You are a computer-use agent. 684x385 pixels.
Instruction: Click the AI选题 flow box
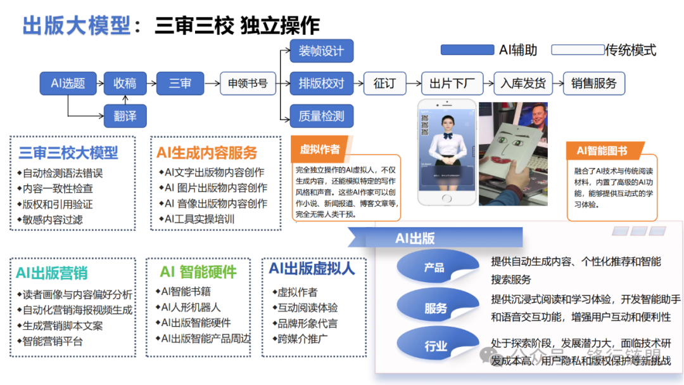coord(68,83)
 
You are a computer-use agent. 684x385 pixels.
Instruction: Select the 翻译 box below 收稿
coord(125,116)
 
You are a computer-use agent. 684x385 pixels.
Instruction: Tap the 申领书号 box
coord(248,83)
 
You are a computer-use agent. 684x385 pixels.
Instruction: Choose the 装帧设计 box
coord(321,51)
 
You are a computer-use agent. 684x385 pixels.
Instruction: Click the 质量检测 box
coord(321,116)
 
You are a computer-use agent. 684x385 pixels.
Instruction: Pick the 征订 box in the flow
coord(384,83)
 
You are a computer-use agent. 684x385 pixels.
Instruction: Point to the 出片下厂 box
coord(452,83)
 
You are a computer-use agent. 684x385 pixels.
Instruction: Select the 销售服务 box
coord(593,83)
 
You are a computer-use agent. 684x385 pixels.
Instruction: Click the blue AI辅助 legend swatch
coord(467,50)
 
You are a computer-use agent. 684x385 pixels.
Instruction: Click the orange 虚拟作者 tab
coord(320,150)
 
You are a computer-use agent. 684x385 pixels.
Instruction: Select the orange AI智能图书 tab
coord(602,150)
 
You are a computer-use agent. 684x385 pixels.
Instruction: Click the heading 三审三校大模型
coord(68,153)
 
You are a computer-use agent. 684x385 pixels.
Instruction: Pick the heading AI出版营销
coord(52,273)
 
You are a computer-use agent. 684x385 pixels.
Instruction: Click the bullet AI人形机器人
coord(191,307)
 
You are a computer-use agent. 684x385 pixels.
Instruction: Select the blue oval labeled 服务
coord(436,308)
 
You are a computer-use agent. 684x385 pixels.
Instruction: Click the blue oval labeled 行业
coord(436,346)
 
